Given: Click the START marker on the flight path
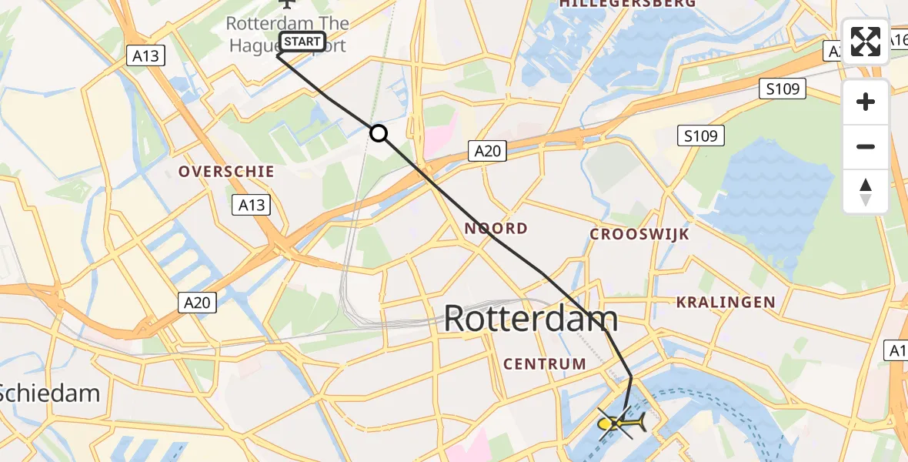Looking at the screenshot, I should [x=302, y=42].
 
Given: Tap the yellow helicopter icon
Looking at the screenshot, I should [x=622, y=422].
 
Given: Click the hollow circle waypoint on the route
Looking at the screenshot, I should [x=379, y=133].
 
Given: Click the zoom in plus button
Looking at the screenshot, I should [x=866, y=102].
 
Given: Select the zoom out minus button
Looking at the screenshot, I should [x=866, y=146].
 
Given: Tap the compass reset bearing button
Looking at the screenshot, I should [x=866, y=192].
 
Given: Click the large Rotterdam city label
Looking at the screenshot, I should [x=531, y=319].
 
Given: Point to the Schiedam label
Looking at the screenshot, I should [x=50, y=393].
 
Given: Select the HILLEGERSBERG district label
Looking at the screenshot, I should [x=628, y=4].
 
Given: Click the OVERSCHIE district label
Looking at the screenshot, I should [x=226, y=171].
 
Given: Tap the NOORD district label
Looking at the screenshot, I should [x=496, y=228].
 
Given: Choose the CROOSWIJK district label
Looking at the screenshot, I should [x=639, y=234].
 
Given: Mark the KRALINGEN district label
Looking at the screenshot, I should [x=726, y=303].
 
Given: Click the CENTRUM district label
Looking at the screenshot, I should [x=545, y=363].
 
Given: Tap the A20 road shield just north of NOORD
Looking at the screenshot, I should [x=487, y=152].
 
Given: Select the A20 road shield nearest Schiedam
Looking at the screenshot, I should [x=196, y=303].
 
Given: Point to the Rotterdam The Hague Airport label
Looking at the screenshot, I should [x=286, y=34].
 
